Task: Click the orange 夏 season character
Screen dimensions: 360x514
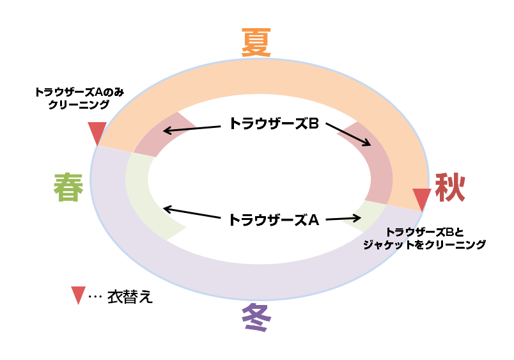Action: coord(257,43)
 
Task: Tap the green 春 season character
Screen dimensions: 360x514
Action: coord(68,188)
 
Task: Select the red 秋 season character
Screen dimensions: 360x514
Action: coord(450,187)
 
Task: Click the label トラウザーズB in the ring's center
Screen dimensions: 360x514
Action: coord(274,123)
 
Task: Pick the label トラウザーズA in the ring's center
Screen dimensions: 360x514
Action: coord(274,219)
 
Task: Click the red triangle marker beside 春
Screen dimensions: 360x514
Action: coord(97,133)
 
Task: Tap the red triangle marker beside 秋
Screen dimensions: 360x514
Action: coord(421,199)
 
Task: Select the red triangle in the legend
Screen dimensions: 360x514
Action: coord(78,295)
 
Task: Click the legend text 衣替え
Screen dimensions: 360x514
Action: coord(130,297)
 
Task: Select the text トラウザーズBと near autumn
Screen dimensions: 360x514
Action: coord(420,231)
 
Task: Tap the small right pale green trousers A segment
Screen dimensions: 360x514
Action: coord(366,215)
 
